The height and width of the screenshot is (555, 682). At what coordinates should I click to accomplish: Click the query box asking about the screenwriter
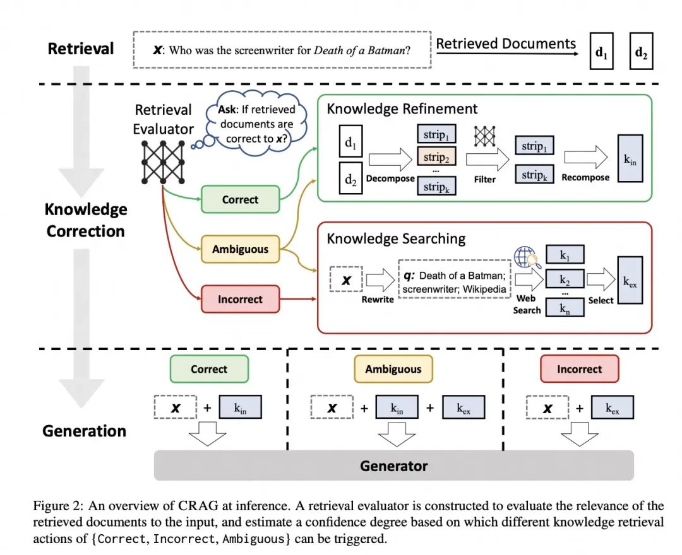click(x=282, y=49)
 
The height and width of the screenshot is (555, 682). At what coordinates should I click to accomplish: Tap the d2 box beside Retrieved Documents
click(x=641, y=51)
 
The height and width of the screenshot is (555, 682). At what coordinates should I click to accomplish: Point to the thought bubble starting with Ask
click(x=256, y=124)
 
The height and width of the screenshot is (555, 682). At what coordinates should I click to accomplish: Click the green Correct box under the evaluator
click(x=240, y=199)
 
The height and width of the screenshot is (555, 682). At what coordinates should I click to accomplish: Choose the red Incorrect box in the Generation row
click(x=579, y=369)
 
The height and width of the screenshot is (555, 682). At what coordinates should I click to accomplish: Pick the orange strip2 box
click(x=436, y=157)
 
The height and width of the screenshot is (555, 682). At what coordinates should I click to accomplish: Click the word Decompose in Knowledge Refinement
click(x=390, y=178)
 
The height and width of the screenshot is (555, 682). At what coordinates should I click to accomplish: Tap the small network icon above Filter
click(x=484, y=136)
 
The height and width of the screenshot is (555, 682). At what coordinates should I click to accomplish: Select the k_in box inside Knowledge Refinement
click(x=630, y=158)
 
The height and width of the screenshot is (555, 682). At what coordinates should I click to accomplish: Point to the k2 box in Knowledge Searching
click(x=565, y=279)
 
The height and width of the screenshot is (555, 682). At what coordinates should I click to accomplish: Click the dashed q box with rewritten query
click(x=455, y=282)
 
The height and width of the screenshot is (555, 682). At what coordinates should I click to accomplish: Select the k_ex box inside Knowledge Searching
click(x=630, y=280)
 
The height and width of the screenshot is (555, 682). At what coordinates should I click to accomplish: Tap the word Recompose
click(x=585, y=178)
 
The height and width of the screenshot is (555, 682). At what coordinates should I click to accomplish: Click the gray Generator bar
click(x=393, y=465)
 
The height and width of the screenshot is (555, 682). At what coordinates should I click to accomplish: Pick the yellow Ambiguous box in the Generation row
click(x=393, y=369)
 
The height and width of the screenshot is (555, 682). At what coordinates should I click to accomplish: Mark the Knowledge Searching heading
click(x=396, y=238)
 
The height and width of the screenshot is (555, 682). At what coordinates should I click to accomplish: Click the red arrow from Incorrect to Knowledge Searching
click(x=298, y=299)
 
